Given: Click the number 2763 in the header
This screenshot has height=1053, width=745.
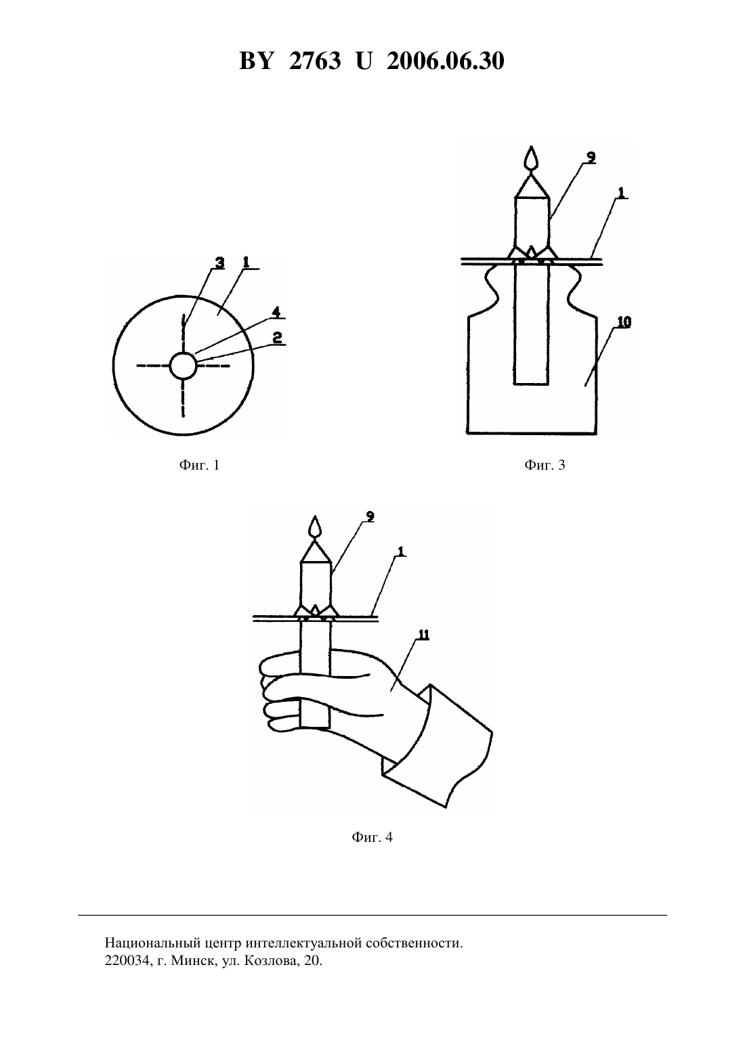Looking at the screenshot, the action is click(x=315, y=61).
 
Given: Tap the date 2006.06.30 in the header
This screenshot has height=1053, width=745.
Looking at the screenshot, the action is click(x=445, y=61).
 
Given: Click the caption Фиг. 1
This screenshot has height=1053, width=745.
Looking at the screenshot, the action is click(x=199, y=466).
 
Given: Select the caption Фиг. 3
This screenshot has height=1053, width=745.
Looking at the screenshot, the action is click(x=545, y=466).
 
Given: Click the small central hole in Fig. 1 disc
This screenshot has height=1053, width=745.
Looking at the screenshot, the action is click(x=183, y=365).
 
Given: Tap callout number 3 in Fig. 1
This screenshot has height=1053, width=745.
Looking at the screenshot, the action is click(x=219, y=263).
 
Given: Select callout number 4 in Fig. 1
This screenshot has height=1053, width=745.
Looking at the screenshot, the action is click(x=276, y=312).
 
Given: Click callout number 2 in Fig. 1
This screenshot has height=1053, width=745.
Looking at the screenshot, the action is click(x=277, y=337).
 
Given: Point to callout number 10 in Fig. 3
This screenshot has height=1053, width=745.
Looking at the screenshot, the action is click(x=624, y=322).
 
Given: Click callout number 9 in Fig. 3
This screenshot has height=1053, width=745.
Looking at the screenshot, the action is click(x=591, y=158).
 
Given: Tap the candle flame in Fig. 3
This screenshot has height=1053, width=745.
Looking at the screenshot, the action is click(x=532, y=158).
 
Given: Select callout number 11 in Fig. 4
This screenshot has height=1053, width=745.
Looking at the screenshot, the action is click(x=424, y=635).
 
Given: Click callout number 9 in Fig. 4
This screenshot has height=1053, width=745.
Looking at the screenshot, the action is click(x=370, y=516).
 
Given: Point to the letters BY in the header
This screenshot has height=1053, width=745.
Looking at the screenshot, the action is click(x=256, y=61).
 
